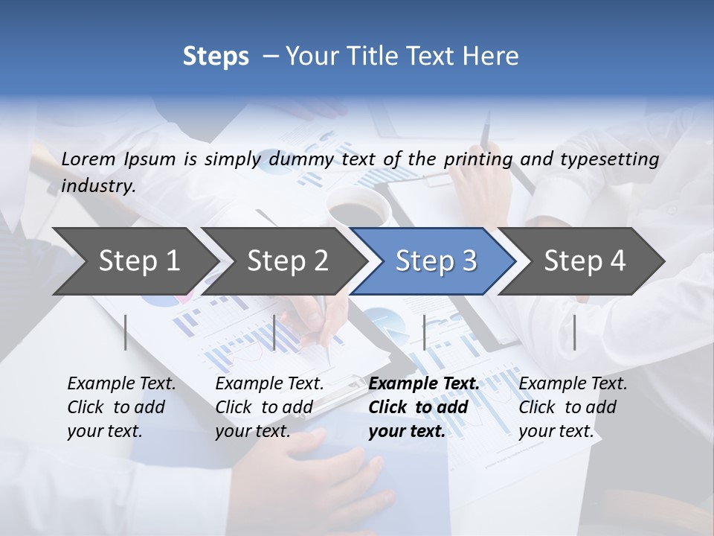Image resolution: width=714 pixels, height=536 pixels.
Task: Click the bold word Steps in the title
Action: pyautogui.click(x=216, y=57)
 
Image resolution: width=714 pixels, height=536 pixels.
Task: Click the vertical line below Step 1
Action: pyautogui.click(x=126, y=332)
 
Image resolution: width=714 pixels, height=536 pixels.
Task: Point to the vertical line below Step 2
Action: pyautogui.click(x=274, y=332)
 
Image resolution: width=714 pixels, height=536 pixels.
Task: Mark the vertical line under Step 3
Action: pyautogui.click(x=424, y=332)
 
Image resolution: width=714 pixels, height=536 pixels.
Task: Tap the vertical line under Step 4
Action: pyautogui.click(x=575, y=332)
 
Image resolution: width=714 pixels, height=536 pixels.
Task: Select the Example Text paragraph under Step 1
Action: pyautogui.click(x=121, y=406)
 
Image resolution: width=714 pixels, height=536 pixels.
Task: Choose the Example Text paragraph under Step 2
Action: pyautogui.click(x=269, y=406)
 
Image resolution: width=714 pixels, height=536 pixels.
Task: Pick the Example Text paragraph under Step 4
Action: pyautogui.click(x=573, y=406)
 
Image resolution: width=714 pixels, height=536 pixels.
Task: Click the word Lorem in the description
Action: pyautogui.click(x=89, y=159)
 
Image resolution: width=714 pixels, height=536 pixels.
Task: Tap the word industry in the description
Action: pyautogui.click(x=98, y=185)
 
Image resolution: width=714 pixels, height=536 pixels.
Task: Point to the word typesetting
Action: pyautogui.click(x=609, y=159)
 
